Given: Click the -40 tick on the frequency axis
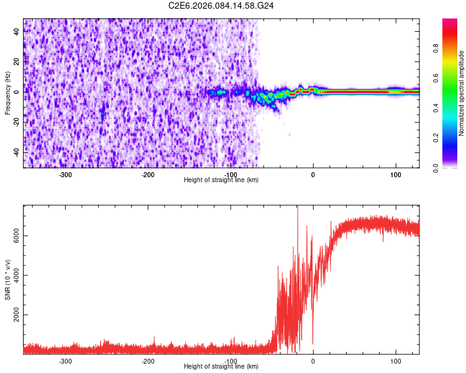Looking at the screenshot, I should click(x=17, y=152).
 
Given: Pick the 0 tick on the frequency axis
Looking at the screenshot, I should click(x=17, y=91).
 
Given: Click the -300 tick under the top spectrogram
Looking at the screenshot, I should click(x=66, y=175).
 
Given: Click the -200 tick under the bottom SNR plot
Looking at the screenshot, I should click(x=148, y=361).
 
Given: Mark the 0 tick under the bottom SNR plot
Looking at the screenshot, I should click(x=313, y=361).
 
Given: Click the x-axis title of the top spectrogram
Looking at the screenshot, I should click(x=221, y=180).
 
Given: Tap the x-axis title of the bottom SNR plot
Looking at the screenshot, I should click(x=221, y=367).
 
